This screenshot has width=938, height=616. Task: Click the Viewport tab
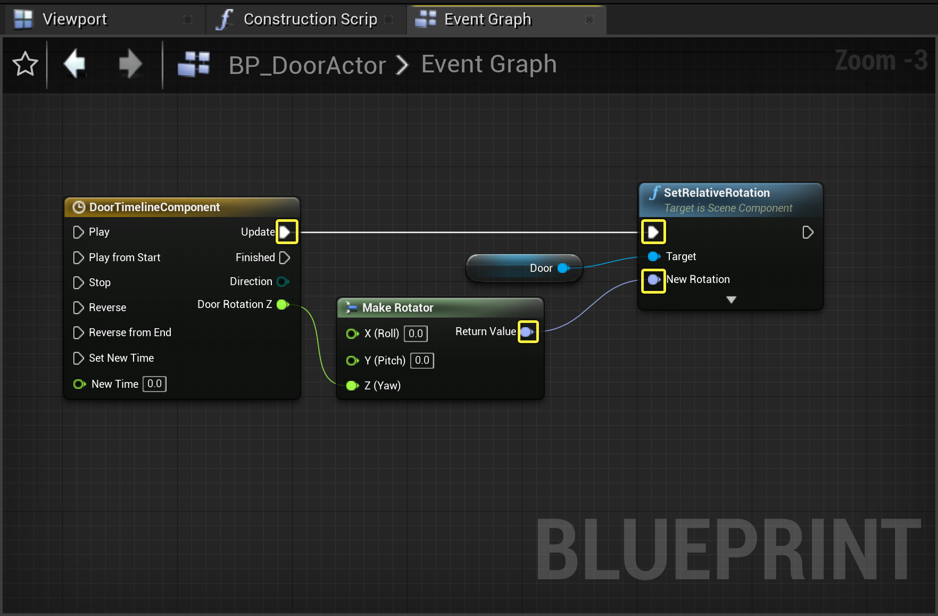pyautogui.click(x=74, y=20)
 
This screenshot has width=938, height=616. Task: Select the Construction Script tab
pyautogui.click(x=310, y=20)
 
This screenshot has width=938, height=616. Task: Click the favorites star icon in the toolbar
pyautogui.click(x=25, y=64)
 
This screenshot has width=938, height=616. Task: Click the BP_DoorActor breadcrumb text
pyautogui.click(x=307, y=65)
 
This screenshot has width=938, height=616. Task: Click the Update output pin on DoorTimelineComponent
pyautogui.click(x=286, y=232)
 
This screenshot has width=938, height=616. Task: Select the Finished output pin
pyautogui.click(x=285, y=258)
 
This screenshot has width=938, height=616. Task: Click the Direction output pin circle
pyautogui.click(x=283, y=281)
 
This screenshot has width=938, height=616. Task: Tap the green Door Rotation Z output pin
pyautogui.click(x=283, y=304)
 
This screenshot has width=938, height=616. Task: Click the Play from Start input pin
pyautogui.click(x=78, y=258)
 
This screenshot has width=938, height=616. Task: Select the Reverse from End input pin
pyautogui.click(x=78, y=333)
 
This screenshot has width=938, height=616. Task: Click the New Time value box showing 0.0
pyautogui.click(x=154, y=384)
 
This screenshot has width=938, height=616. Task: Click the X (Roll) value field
pyautogui.click(x=416, y=334)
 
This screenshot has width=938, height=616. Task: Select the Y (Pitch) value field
pyautogui.click(x=422, y=361)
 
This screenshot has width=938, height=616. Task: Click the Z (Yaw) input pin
pyautogui.click(x=352, y=386)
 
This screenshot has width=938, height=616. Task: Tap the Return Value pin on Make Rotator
pyautogui.click(x=527, y=332)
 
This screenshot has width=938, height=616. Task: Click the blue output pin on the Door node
pyautogui.click(x=563, y=268)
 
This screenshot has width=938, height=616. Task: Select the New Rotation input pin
pyautogui.click(x=653, y=280)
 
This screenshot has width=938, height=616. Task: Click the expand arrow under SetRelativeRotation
pyautogui.click(x=731, y=300)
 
